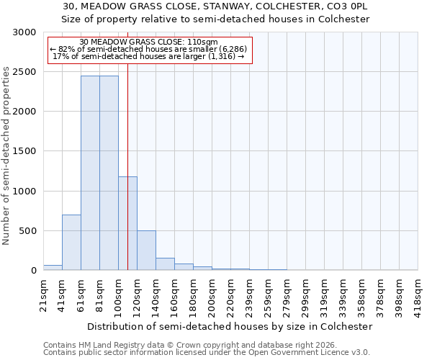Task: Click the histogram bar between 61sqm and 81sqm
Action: [90, 173]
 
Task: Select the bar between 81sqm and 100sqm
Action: [109, 173]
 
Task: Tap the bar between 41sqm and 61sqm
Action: [71, 243]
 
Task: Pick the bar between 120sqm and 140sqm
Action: [146, 251]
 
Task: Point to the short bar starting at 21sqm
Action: [53, 268]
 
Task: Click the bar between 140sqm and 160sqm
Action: [165, 264]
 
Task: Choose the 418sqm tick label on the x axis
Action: [419, 295]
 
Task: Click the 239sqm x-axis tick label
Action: [250, 295]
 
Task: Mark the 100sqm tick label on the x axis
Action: [119, 295]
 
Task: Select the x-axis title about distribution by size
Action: [230, 326]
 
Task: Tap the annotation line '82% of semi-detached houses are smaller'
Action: [150, 49]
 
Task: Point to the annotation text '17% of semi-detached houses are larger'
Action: [149, 56]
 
